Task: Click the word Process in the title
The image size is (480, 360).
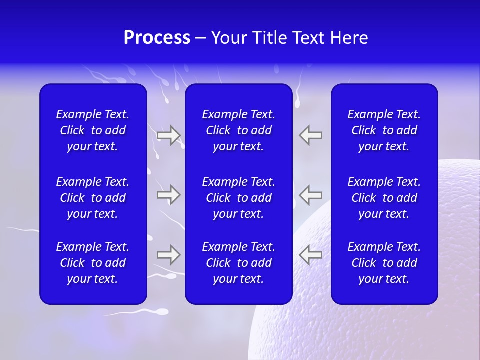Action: [157, 38]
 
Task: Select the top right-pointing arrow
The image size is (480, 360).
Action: [169, 135]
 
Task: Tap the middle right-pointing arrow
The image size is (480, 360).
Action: [169, 195]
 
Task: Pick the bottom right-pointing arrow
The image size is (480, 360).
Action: [169, 255]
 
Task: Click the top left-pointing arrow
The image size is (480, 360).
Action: [310, 135]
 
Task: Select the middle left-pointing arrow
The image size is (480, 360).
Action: [310, 195]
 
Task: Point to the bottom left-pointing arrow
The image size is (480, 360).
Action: [310, 255]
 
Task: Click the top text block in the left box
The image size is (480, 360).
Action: [93, 130]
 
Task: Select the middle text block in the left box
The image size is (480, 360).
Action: [93, 198]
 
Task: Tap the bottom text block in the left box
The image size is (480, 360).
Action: [93, 263]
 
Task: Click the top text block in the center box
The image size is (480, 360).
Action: [238, 130]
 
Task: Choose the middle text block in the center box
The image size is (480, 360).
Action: [238, 198]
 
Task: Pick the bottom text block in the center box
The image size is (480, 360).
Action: [238, 263]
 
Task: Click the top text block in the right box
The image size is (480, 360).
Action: [384, 130]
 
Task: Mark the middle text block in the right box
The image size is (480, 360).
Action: [384, 198]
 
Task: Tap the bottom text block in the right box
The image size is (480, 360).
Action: [384, 263]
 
